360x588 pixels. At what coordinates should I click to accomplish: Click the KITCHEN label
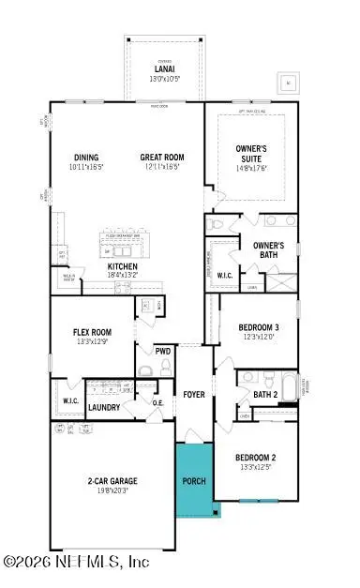(123, 267)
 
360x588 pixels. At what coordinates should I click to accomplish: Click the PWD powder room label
(163, 352)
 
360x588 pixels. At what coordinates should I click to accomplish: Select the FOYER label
(194, 395)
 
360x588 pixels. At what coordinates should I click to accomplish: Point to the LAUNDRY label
(103, 408)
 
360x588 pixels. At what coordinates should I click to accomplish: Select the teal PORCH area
(194, 479)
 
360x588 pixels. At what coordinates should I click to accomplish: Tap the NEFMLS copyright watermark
(77, 562)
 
